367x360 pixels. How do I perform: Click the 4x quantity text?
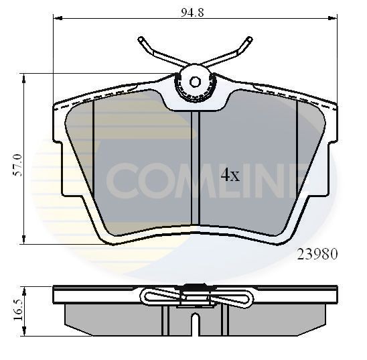pyautogui.click(x=230, y=176)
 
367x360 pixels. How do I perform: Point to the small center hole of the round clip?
pyautogui.click(x=195, y=82)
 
